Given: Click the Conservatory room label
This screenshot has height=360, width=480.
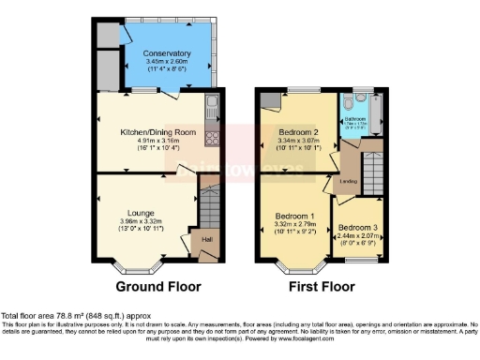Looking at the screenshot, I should tap(167, 53).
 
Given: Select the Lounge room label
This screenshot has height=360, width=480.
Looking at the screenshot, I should tap(141, 213).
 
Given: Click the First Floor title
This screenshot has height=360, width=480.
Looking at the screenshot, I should tap(321, 284).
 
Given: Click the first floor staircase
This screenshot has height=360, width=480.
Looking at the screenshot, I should tap(372, 172).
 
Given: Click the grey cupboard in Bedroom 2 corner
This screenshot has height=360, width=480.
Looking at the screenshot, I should tap(268, 100).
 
